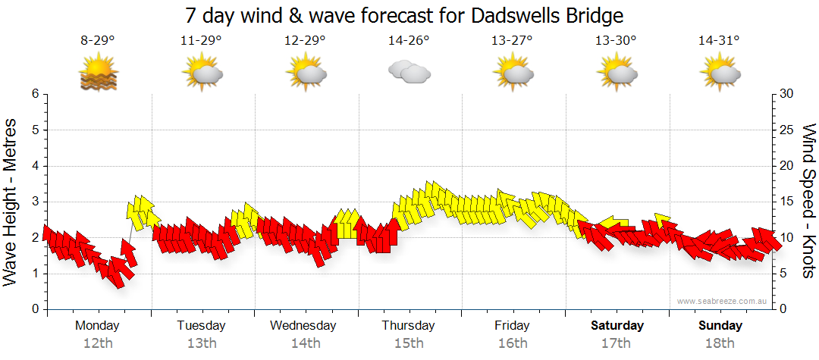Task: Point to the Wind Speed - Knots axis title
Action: click(x=808, y=201)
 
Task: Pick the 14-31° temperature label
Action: click(x=719, y=41)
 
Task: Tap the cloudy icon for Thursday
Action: click(x=409, y=73)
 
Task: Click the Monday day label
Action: click(x=97, y=326)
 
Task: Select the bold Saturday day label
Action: click(x=617, y=326)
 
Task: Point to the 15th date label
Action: click(x=409, y=343)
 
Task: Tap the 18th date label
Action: click(x=720, y=343)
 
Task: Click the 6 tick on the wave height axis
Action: click(x=35, y=94)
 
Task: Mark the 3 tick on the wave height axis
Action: click(x=35, y=202)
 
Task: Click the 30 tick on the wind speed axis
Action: click(x=788, y=94)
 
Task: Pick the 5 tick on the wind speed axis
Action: click(x=785, y=274)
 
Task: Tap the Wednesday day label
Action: click(x=303, y=326)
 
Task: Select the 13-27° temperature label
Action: click(x=512, y=41)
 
